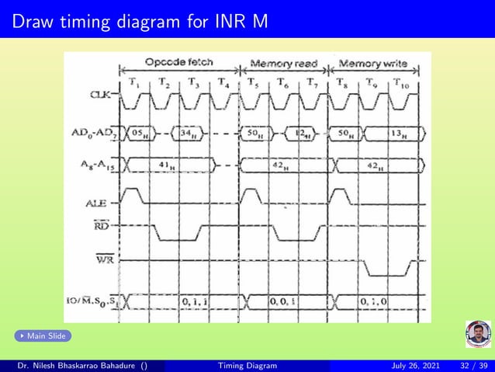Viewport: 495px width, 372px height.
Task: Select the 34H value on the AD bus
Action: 189,134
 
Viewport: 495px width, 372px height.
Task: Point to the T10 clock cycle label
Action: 400,83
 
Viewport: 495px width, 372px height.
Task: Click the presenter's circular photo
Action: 478,334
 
